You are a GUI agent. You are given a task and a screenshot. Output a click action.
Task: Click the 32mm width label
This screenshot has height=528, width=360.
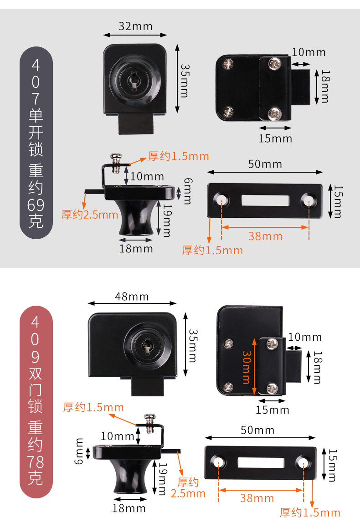pyautogui.click(x=135, y=26)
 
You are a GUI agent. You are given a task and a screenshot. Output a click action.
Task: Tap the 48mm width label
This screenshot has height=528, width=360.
pyautogui.click(x=132, y=297)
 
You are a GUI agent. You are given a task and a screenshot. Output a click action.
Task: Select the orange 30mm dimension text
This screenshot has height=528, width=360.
pyautogui.click(x=247, y=367)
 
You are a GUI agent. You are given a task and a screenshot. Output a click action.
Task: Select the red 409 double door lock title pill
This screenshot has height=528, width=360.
pyautogui.click(x=36, y=401)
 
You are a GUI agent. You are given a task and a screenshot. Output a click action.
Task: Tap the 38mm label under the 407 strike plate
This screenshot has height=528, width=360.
pyautogui.click(x=265, y=236)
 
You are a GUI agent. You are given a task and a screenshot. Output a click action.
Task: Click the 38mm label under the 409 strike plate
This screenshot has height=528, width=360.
pyautogui.click(x=257, y=498)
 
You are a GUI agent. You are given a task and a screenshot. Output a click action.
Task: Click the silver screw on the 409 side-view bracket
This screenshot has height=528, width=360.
pyautogui.click(x=149, y=418)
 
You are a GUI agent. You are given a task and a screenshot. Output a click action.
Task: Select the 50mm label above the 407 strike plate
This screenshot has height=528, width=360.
pyautogui.click(x=265, y=164)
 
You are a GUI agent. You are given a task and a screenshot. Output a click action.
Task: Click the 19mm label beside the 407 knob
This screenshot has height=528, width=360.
pyautogui.click(x=166, y=220)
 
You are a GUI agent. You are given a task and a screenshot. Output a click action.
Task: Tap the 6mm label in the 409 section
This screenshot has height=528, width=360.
pyautogui.click(x=80, y=451)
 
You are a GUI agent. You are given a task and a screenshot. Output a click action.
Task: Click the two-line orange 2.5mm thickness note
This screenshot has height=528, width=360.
pyautogui.click(x=188, y=487)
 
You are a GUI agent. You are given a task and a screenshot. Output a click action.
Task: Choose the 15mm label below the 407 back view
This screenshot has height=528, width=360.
pyautogui.click(x=275, y=138)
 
